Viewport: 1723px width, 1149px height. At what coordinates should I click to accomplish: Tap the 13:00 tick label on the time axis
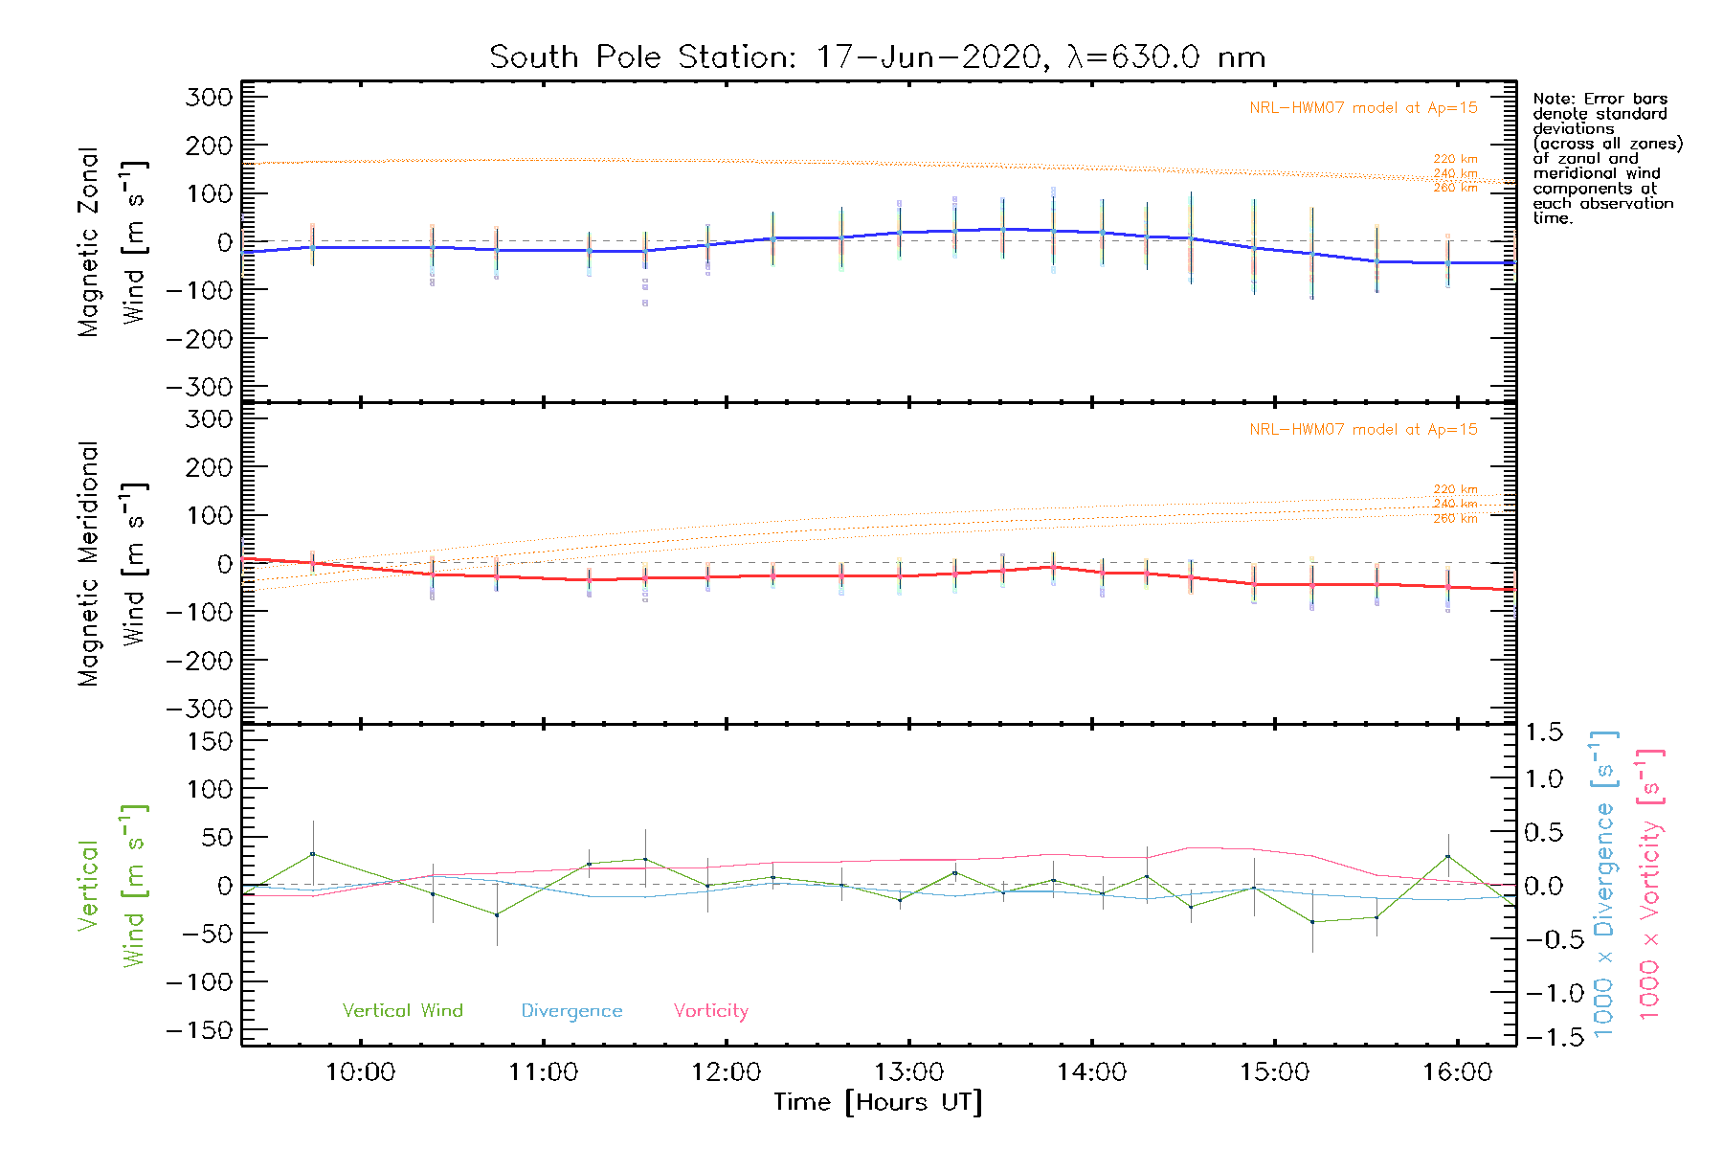point(908,1072)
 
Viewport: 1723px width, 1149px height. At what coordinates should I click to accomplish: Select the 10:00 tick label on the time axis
point(360,1072)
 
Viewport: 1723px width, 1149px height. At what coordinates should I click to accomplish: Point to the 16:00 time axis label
point(1457,1072)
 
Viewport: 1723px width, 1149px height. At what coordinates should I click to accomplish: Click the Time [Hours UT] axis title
point(878,1102)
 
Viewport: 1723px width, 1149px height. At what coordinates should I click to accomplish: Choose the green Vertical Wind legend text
point(402,1011)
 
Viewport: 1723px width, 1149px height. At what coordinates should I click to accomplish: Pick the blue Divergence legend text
point(571,1011)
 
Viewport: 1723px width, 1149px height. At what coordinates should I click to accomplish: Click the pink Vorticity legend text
point(710,1011)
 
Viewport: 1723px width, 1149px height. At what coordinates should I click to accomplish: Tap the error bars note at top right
point(1606,158)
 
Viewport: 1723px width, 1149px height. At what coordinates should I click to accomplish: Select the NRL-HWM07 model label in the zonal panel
point(1363,108)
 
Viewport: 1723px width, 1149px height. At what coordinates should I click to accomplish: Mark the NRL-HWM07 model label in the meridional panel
point(1363,430)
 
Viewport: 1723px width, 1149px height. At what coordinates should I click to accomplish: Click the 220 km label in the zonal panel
point(1455,159)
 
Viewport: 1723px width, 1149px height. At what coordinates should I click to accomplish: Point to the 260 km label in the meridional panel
point(1455,518)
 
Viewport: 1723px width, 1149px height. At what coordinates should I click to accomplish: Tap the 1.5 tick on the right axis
point(1543,732)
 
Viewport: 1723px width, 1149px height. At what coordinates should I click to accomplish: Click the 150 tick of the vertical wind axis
point(210,741)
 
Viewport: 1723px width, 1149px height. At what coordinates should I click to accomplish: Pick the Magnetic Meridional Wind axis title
point(110,563)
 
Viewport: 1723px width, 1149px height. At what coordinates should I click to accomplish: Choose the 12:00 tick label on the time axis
point(726,1072)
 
